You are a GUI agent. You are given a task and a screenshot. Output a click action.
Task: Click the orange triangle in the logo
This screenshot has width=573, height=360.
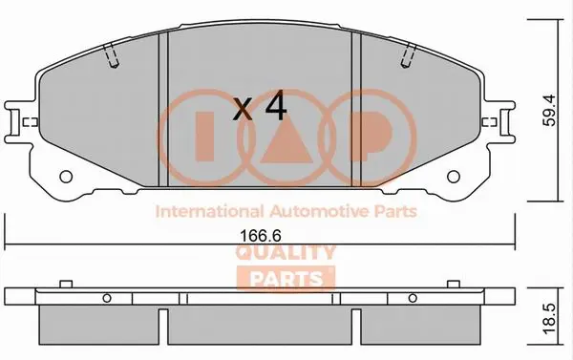286,139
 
